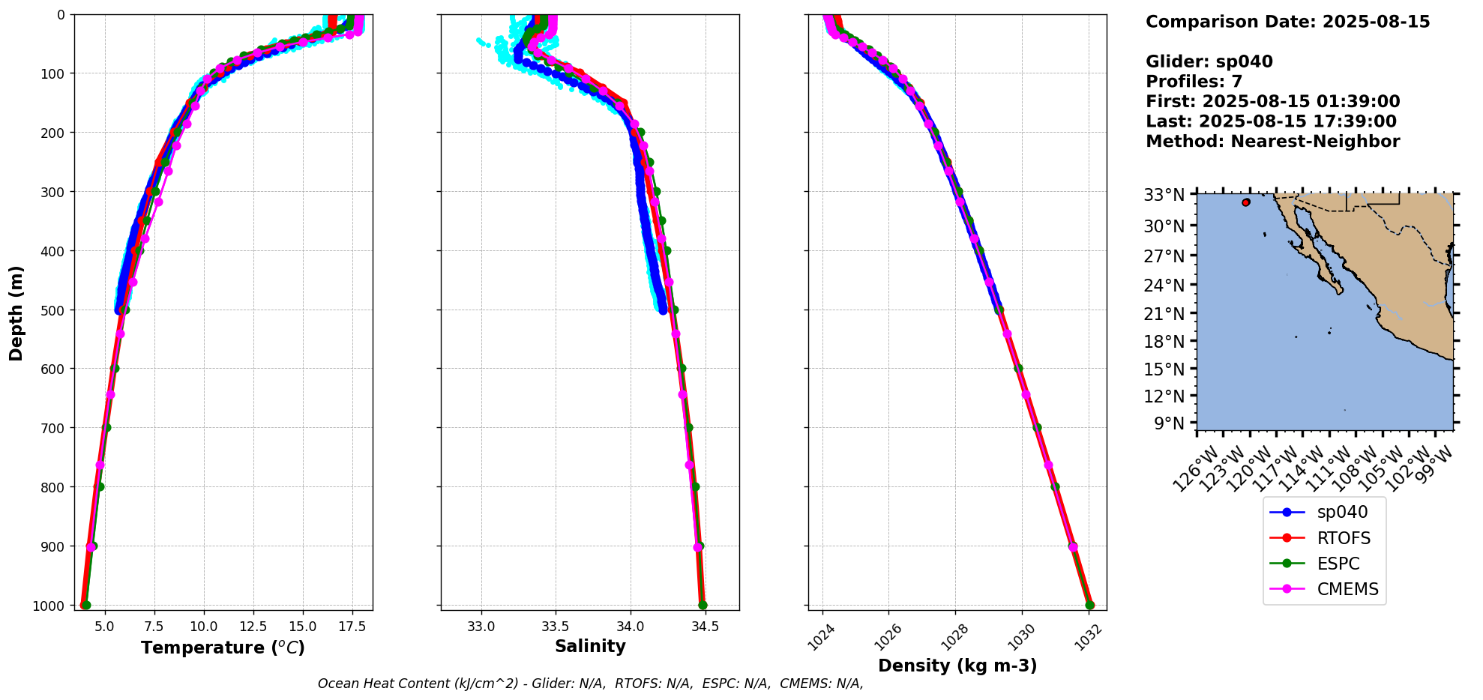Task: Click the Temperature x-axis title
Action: (x=223, y=648)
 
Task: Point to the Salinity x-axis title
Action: (x=590, y=647)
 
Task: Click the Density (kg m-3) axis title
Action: (x=957, y=666)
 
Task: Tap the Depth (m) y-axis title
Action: (x=16, y=313)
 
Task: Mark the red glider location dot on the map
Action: (x=1246, y=202)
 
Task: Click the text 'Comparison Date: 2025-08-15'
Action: (x=1287, y=22)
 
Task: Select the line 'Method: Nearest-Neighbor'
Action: (x=1272, y=142)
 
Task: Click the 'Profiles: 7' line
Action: (x=1194, y=82)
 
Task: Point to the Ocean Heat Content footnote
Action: (x=590, y=684)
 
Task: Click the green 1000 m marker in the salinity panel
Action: (x=703, y=605)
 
